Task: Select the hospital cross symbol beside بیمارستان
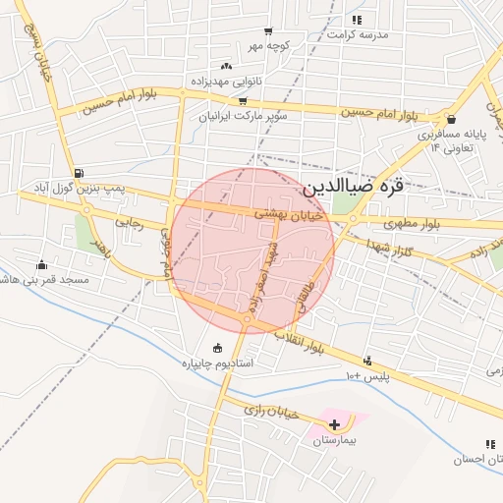tap(335, 425)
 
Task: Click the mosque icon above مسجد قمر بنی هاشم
tap(41, 264)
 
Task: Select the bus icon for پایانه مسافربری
tap(451, 120)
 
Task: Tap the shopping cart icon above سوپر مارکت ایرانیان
tap(242, 101)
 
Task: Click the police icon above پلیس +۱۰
tap(367, 362)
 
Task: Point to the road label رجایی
tap(130, 223)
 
